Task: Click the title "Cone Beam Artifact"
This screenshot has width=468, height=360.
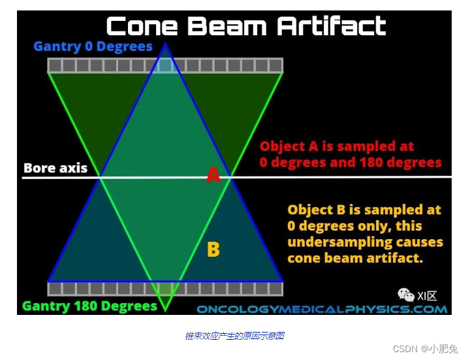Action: point(246,26)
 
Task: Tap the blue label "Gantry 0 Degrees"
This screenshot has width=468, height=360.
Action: point(93,46)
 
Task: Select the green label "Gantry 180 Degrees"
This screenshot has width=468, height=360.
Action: point(89,306)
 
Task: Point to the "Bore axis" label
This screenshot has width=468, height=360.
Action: point(55,168)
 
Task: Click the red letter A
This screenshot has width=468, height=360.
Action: point(213,175)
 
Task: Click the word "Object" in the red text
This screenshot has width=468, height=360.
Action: point(283,147)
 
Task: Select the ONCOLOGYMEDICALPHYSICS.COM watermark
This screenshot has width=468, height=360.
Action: point(322,309)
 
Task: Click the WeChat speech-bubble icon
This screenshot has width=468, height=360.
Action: point(406,295)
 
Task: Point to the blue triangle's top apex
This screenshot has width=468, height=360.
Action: point(165,43)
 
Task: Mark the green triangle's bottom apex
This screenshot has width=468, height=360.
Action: point(165,312)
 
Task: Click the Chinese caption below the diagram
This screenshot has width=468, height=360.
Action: point(234,336)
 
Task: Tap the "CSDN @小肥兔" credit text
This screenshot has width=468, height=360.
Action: point(425,349)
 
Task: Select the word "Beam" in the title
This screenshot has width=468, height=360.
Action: point(227,26)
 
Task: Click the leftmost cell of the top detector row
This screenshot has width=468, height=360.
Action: point(55,65)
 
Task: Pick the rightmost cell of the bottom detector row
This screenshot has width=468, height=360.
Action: point(275,289)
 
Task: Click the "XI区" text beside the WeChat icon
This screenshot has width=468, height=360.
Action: point(427,296)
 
